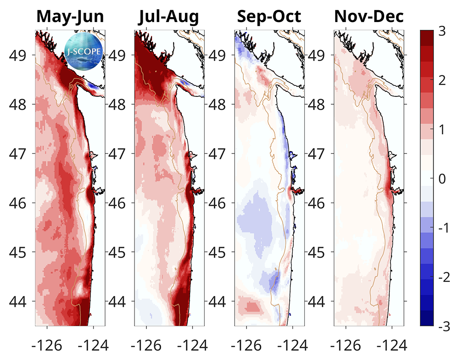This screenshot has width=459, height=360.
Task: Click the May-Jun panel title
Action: coord(70,17)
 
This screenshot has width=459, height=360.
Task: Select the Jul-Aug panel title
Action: coord(169,17)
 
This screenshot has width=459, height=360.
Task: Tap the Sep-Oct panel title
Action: coord(269,17)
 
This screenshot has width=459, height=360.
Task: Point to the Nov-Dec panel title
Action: coord(369,17)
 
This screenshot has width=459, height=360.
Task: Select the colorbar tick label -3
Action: coord(443,326)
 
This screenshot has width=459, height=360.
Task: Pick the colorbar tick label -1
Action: coord(443,228)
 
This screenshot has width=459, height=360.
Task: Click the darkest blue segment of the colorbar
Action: coord(427,318)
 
